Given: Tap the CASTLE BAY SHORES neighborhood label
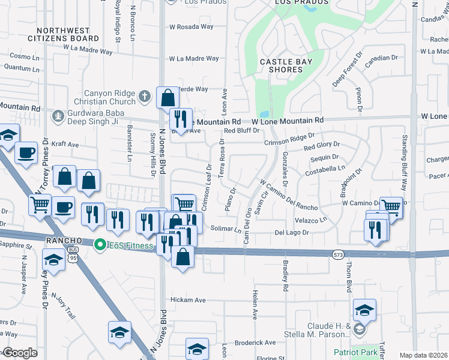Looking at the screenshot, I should point(281,66).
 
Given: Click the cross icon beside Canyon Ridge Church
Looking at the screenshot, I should point(144,96).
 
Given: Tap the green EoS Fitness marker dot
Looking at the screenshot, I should point(100,244).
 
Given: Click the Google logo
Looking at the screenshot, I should point(20,353).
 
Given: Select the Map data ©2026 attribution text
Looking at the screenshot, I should point(424,355).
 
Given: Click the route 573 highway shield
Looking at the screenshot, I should point(338,255).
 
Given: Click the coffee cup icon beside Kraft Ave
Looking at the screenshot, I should point(26,154).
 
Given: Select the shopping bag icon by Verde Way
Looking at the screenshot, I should point(167,97).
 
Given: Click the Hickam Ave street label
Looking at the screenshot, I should point(188,300).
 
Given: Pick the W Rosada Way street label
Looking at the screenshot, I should point(191,27).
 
